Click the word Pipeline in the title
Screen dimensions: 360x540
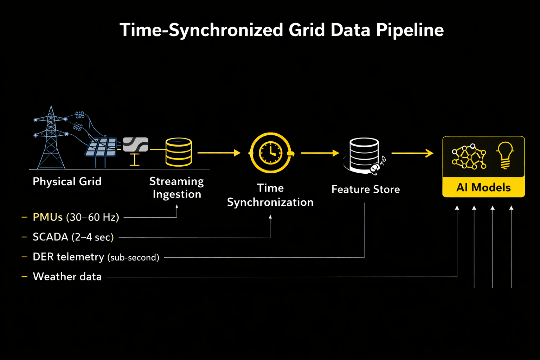click(410, 30)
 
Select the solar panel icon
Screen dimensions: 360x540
click(101, 148)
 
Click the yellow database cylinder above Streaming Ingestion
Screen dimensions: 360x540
click(179, 152)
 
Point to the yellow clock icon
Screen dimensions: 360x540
click(270, 153)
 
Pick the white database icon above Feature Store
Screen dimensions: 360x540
click(364, 154)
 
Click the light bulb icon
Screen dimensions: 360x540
click(505, 155)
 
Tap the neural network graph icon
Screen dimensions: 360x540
click(469, 157)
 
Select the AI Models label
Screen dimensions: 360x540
click(483, 187)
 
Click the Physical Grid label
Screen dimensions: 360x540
click(67, 181)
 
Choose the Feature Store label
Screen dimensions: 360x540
click(366, 189)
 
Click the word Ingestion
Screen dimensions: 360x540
click(177, 194)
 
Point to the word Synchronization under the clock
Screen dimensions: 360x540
click(270, 202)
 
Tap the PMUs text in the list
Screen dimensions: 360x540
click(47, 217)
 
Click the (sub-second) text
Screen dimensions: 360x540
click(133, 257)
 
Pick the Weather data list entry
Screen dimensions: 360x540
click(67, 277)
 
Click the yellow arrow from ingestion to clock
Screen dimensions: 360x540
click(219, 153)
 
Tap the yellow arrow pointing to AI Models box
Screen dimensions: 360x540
click(412, 153)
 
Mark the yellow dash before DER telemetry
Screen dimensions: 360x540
click(24, 257)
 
